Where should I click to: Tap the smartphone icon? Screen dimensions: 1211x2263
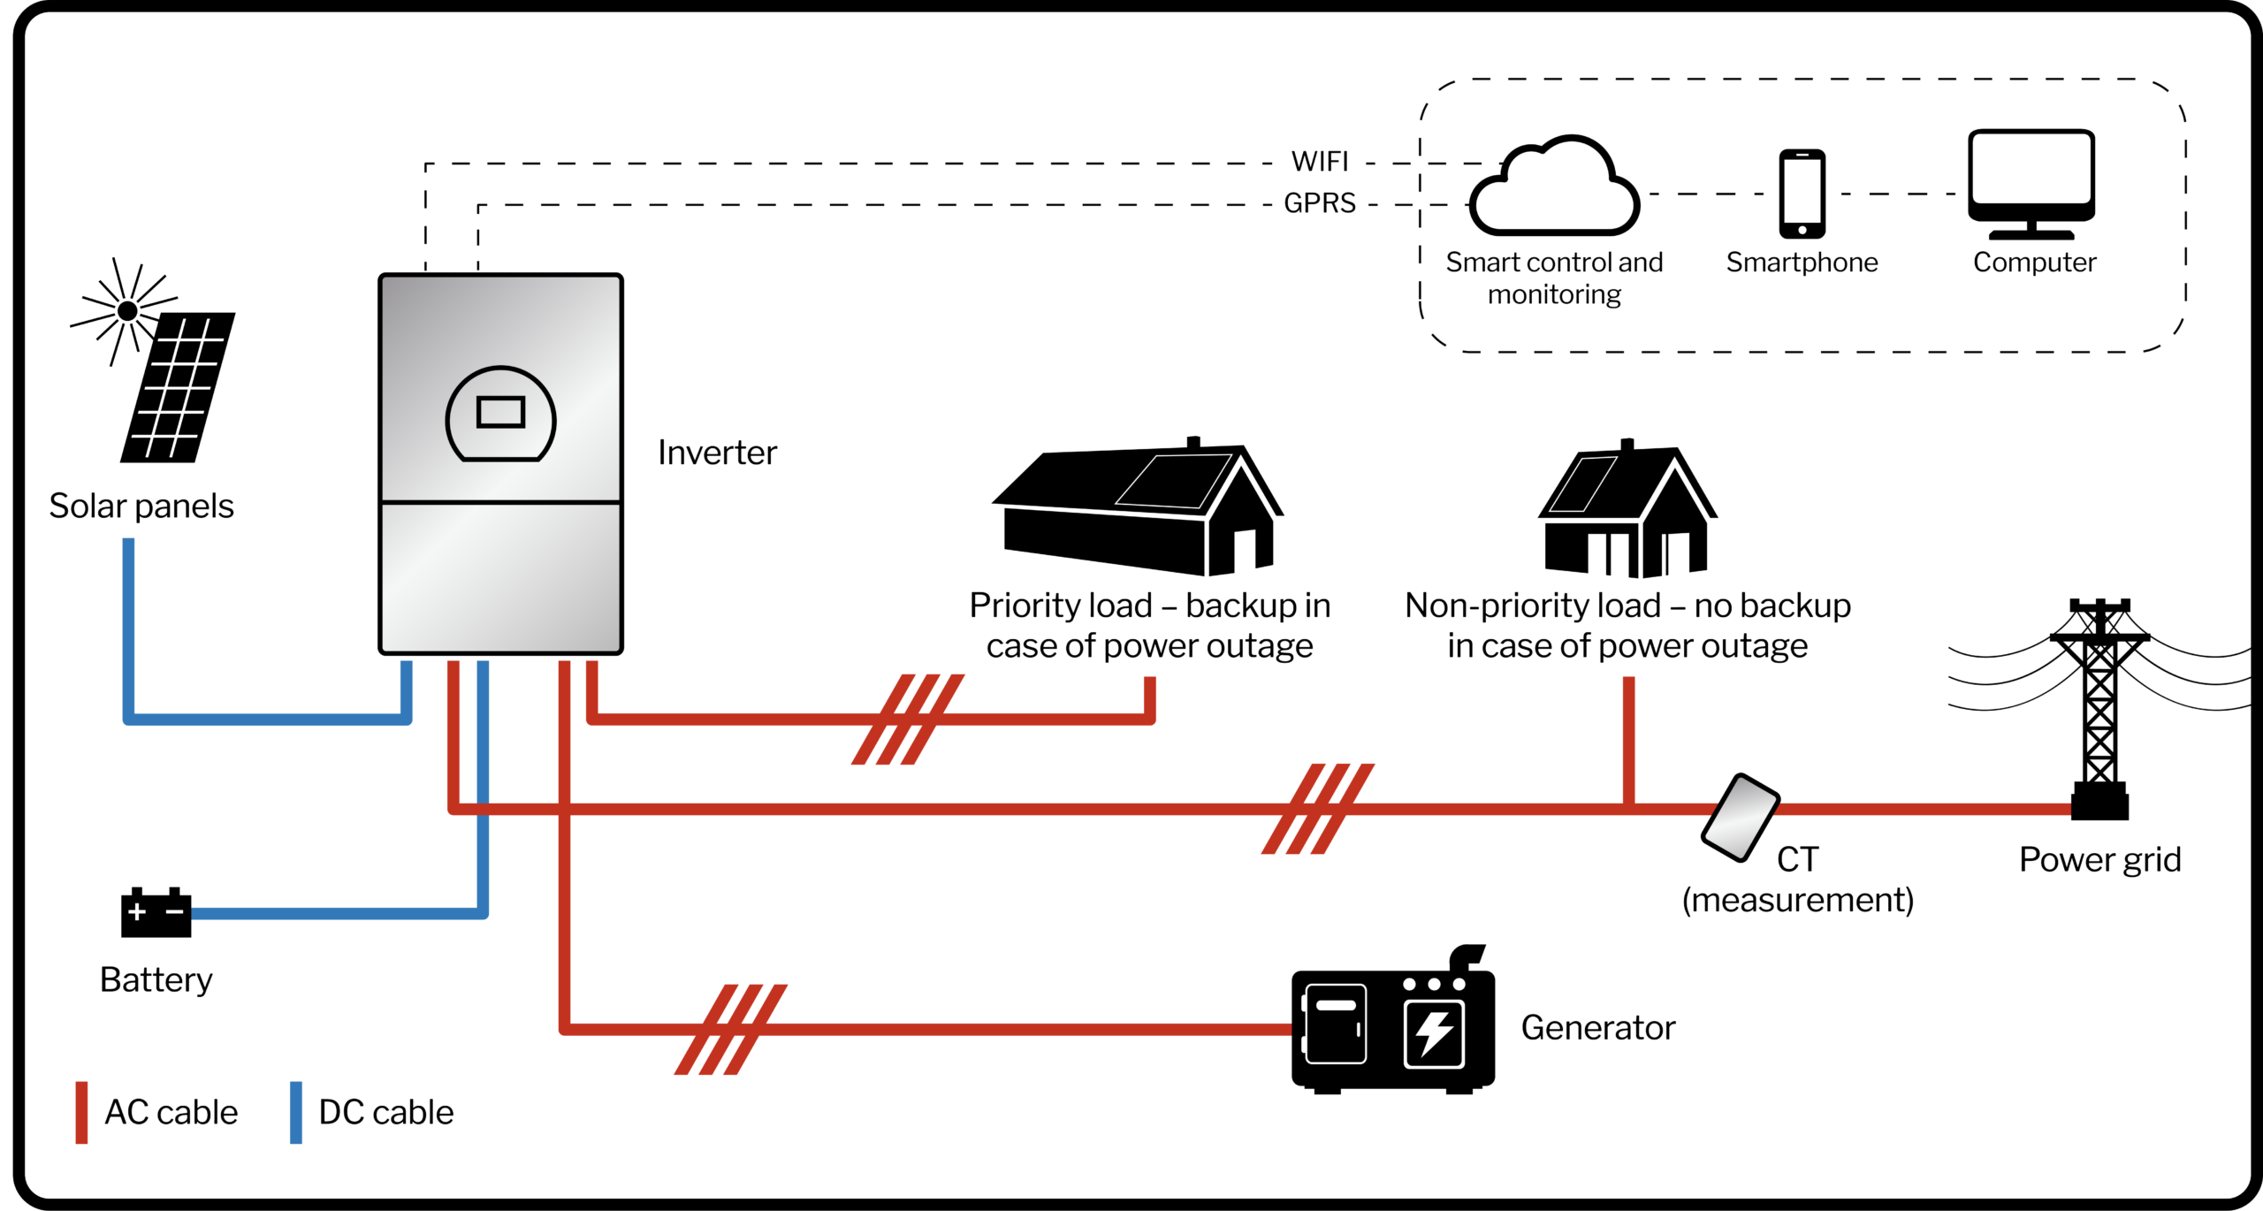click(1802, 194)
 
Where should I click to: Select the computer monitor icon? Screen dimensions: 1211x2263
click(2031, 183)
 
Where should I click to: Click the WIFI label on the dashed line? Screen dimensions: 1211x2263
click(1320, 162)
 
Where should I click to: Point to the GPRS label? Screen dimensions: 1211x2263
click(1319, 203)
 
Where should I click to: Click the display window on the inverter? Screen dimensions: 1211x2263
click(500, 413)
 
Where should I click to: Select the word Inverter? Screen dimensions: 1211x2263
click(717, 453)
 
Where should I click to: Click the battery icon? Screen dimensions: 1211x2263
click(156, 912)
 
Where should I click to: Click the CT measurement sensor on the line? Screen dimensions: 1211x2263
click(1740, 817)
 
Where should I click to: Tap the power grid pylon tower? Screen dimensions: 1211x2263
click(2099, 707)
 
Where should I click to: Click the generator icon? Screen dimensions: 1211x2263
click(1392, 1025)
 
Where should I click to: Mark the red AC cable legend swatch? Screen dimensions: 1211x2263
click(81, 1112)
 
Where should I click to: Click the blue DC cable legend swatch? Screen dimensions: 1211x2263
click(296, 1112)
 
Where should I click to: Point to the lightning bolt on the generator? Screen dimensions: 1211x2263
click(1433, 1032)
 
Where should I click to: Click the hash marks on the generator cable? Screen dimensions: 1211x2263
click(730, 1029)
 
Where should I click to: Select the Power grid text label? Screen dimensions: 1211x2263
click(2099, 859)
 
